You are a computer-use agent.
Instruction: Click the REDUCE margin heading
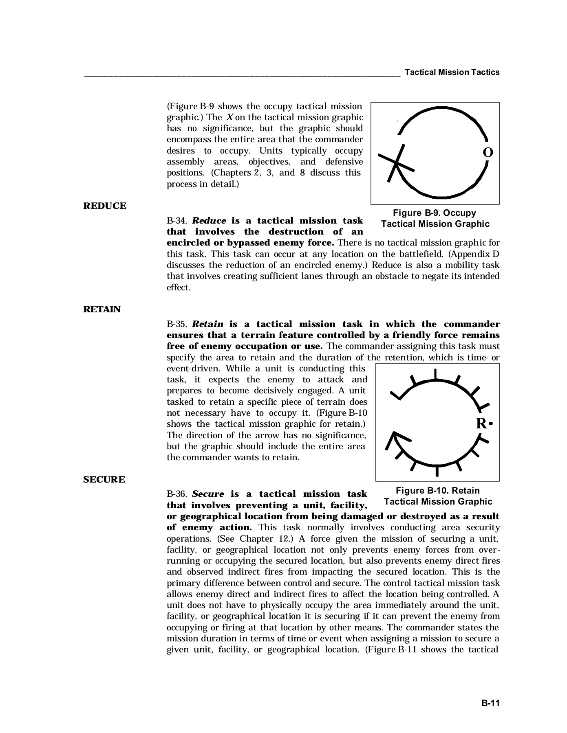click(x=105, y=206)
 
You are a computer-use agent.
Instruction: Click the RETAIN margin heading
click(x=102, y=309)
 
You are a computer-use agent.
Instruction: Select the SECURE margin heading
click(x=104, y=480)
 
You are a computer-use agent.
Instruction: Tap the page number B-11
click(x=490, y=703)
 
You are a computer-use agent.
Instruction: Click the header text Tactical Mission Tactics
click(x=452, y=72)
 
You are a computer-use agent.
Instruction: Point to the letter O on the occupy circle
click(x=488, y=153)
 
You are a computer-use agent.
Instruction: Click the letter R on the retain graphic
click(x=481, y=424)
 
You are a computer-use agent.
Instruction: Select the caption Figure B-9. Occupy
click(x=435, y=213)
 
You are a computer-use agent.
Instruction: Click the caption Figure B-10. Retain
click(x=438, y=491)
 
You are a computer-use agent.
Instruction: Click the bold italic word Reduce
click(x=209, y=221)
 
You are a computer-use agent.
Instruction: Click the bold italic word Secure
click(x=208, y=494)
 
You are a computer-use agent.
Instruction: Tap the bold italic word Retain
click(x=207, y=324)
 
